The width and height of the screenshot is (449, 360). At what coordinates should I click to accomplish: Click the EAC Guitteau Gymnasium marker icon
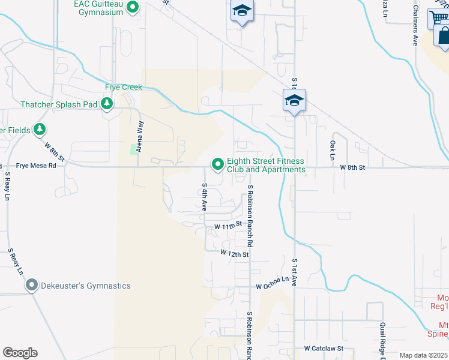pyautogui.click(x=133, y=8)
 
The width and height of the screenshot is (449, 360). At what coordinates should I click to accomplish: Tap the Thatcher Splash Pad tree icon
pyautogui.click(x=107, y=104)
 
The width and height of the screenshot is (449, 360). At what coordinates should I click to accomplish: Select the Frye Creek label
pyautogui.click(x=124, y=87)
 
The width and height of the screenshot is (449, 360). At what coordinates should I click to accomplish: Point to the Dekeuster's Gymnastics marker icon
pyautogui.click(x=32, y=286)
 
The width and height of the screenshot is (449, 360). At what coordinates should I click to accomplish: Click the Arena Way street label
pyautogui.click(x=140, y=136)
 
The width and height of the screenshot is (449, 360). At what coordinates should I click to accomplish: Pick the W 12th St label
pyautogui.click(x=234, y=254)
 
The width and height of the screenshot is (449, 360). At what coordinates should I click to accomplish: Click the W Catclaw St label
pyautogui.click(x=323, y=348)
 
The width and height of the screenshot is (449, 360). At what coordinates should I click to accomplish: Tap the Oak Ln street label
pyautogui.click(x=332, y=150)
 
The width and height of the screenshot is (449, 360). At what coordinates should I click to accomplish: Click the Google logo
pyautogui.click(x=20, y=353)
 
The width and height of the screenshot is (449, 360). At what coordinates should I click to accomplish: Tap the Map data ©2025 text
pyautogui.click(x=423, y=355)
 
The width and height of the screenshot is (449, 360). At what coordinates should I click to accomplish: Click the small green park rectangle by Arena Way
pyautogui.click(x=133, y=148)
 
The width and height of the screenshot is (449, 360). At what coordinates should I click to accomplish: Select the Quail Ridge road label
pyautogui.click(x=382, y=341)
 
